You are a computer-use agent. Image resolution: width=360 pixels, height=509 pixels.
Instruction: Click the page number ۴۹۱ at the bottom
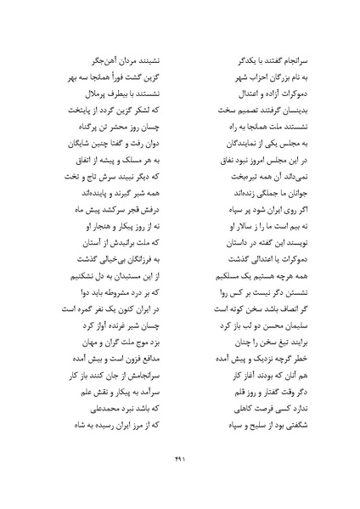coord(179,474)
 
